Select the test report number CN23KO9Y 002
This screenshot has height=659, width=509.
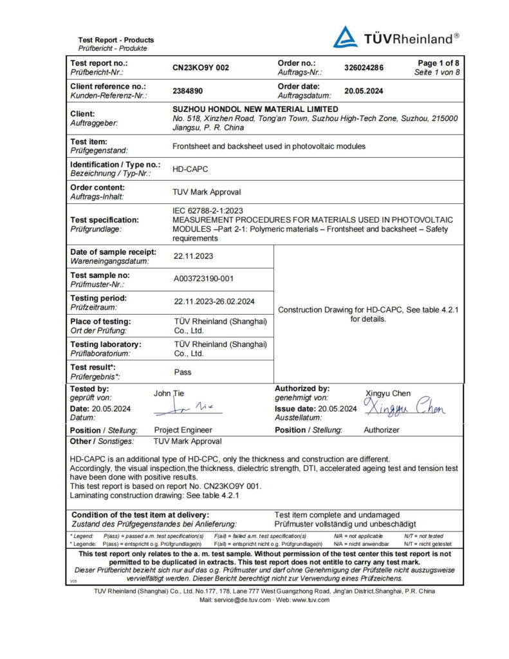[x=201, y=68]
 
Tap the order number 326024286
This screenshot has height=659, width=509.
[x=364, y=68]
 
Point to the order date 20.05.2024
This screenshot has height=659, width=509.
[x=364, y=91]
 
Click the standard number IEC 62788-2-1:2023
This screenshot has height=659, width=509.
[x=207, y=210]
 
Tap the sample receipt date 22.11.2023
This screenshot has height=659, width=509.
[x=193, y=255]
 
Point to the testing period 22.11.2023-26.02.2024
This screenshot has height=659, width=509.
[x=214, y=301]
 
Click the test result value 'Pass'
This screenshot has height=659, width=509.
[x=183, y=372]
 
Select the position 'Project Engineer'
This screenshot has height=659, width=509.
[x=183, y=430]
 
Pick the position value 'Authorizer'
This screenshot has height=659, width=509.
[x=382, y=430]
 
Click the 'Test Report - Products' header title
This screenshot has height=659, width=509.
[x=116, y=40]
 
